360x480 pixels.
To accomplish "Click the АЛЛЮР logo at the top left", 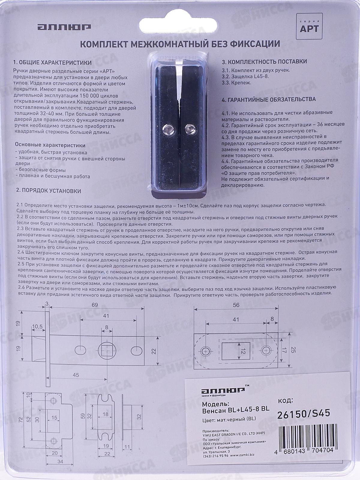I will click(x=64, y=27).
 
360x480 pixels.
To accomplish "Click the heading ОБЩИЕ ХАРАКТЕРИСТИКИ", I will click(x=52, y=63).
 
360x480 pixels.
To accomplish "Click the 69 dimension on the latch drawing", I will click(x=95, y=305).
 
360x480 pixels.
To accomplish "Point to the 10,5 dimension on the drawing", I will click(x=37, y=326).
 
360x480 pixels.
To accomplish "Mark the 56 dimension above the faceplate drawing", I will click(x=236, y=305).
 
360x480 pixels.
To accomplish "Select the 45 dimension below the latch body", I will click(x=76, y=375).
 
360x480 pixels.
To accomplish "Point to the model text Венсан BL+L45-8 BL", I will click(x=235, y=409).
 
